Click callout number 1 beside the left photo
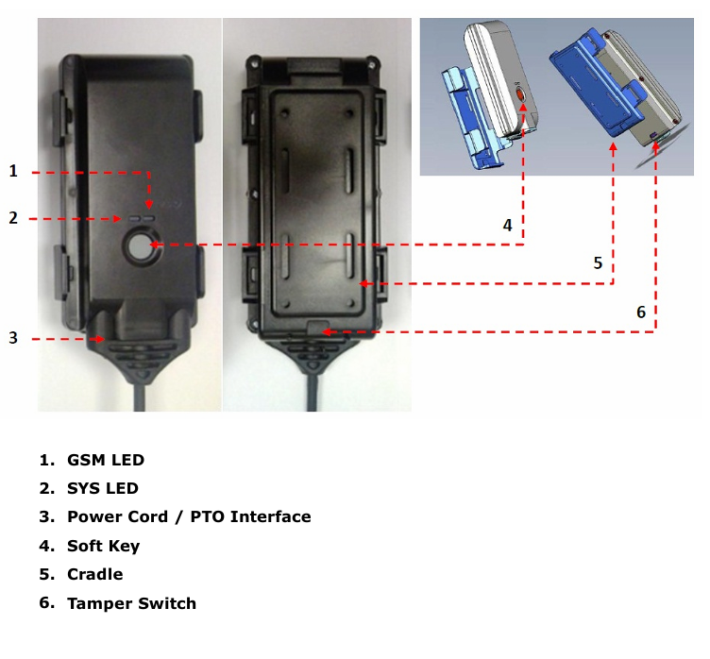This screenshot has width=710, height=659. click(13, 171)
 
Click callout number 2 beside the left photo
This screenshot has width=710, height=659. click(13, 218)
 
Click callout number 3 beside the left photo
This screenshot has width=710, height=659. click(13, 338)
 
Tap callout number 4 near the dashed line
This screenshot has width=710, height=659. click(507, 226)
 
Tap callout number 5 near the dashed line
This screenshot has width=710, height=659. click(598, 263)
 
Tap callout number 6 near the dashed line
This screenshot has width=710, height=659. click(641, 312)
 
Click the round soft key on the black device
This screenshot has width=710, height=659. click(140, 246)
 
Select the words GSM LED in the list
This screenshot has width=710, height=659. click(105, 461)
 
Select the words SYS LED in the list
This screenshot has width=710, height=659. click(102, 489)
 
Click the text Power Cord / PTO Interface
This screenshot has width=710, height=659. click(189, 517)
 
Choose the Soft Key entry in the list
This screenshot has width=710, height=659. click(103, 546)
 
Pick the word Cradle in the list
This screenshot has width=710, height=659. click(94, 574)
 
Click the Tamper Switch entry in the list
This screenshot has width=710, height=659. click(131, 603)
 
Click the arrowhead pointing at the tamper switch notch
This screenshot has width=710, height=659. click(327, 332)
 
